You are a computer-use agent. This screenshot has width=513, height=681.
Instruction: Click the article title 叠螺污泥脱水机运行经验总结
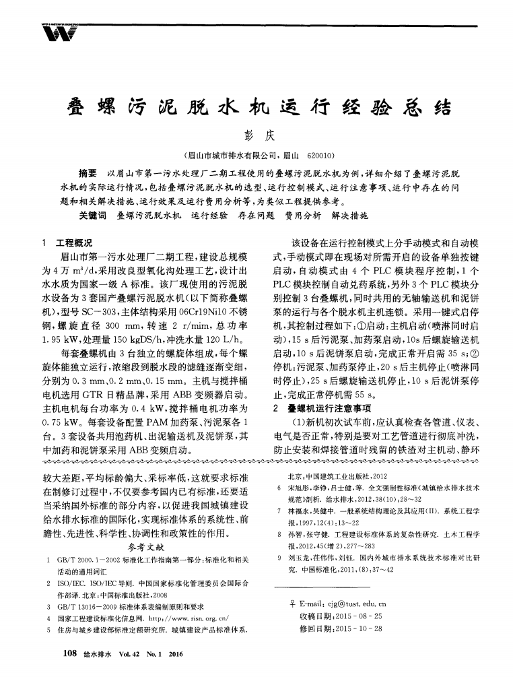tap(256, 108)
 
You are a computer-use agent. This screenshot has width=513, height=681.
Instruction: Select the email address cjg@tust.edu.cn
tap(348, 603)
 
